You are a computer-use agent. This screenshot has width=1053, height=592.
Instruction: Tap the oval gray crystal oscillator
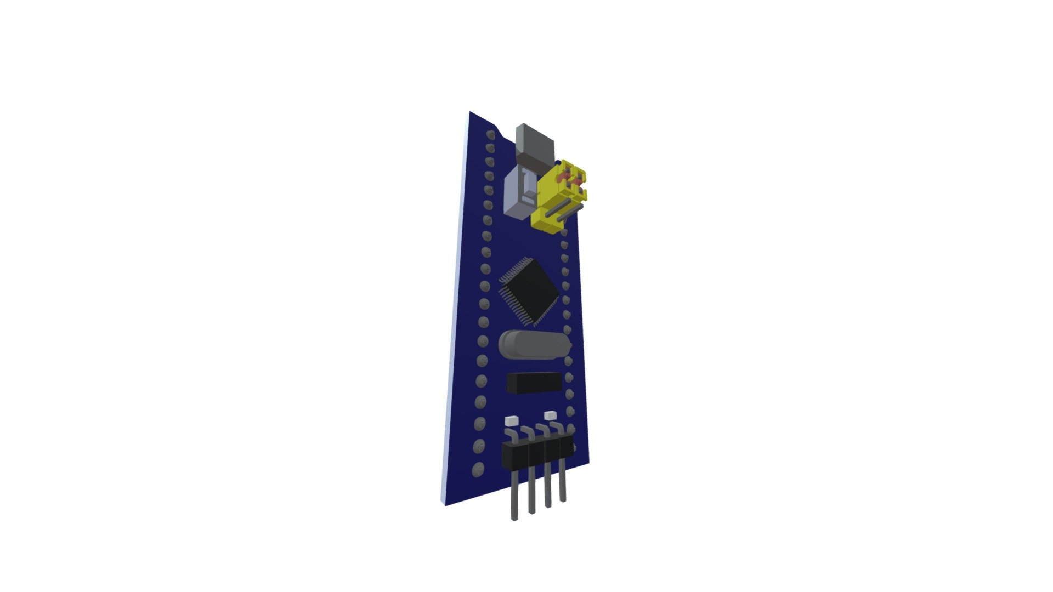[x=533, y=344]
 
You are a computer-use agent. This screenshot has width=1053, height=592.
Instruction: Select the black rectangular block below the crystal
[x=534, y=383]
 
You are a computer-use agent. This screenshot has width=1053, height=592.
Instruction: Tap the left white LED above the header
[x=127, y=421]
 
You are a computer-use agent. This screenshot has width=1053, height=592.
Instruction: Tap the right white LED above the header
[x=551, y=414]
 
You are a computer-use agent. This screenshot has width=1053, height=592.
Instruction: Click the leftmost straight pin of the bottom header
[x=514, y=502]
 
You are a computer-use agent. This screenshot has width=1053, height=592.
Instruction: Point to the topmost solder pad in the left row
[x=490, y=134]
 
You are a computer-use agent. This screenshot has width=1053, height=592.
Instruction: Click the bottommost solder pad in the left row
[x=478, y=470]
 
